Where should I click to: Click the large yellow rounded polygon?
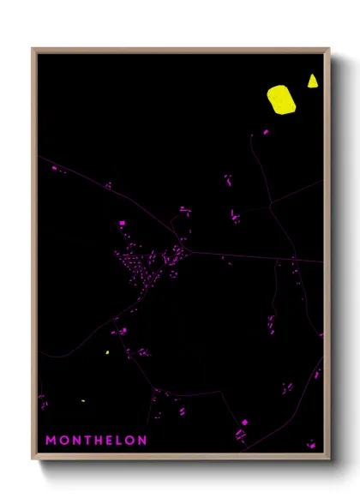280,99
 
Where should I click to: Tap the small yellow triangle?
312,81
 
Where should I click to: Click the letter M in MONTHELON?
51,441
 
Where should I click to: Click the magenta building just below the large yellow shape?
265,132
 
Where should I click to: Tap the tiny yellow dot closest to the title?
83,401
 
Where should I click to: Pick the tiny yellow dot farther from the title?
107,352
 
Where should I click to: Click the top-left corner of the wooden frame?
33,49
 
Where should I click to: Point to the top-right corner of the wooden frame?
329,49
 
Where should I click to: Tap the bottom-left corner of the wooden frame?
33,459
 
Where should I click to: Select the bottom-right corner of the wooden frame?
329,459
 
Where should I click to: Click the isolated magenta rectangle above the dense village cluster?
122,224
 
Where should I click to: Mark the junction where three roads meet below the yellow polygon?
270,206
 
